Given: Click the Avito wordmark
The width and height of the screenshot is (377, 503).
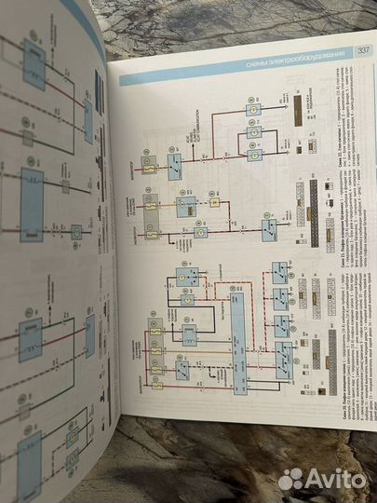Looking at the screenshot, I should [338, 478].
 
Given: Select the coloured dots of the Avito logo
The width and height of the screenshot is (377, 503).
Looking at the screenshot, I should [291, 478].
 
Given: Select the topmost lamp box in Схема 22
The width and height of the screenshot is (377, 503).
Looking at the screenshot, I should [251, 110].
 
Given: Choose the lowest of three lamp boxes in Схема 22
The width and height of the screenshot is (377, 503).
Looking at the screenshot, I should [251, 149].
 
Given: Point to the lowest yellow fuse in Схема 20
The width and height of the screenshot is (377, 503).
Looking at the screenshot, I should [156, 381].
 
